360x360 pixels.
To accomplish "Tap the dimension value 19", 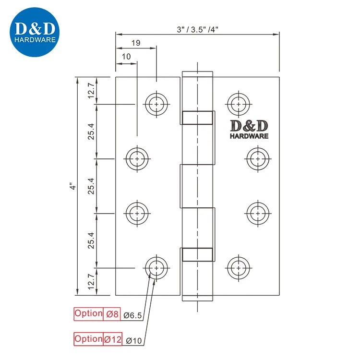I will click(135, 43).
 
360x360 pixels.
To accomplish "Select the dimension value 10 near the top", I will click(126, 57).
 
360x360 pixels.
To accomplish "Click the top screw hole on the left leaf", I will click(156, 103).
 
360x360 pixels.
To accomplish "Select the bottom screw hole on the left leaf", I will click(156, 267).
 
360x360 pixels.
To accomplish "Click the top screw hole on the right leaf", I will click(239, 103).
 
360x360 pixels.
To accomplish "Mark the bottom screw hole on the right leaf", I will click(239, 267).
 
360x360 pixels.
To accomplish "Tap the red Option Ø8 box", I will click(96, 314).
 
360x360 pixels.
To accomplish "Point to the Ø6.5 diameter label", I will click(132, 315).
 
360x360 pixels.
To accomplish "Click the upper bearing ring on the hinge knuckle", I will click(197, 117).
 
